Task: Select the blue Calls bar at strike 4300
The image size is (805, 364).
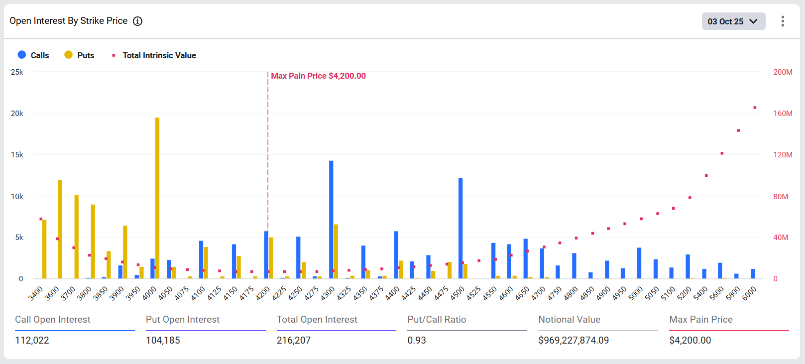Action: click(x=331, y=220)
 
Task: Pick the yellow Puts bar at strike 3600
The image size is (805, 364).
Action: click(x=60, y=229)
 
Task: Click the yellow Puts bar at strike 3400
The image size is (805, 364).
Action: click(x=44, y=249)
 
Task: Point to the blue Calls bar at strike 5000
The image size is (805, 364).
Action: click(x=639, y=263)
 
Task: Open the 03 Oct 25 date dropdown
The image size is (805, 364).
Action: click(x=733, y=21)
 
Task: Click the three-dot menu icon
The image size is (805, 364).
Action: click(x=783, y=21)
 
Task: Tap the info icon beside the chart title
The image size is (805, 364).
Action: click(x=137, y=21)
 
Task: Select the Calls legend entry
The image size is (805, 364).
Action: click(x=33, y=55)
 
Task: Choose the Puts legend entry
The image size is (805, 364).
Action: click(x=79, y=55)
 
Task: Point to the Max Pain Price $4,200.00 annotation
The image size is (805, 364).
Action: click(x=318, y=76)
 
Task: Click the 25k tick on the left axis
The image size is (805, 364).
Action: click(x=17, y=72)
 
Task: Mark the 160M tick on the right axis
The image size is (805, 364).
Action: click(x=782, y=114)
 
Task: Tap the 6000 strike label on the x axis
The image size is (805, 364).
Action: click(x=750, y=293)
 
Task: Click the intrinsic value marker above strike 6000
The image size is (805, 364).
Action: click(x=755, y=108)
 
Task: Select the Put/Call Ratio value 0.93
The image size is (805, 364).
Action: click(x=417, y=340)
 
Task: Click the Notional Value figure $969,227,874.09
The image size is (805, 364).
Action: click(x=574, y=340)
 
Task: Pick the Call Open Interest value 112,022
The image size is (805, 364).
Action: click(x=32, y=340)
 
